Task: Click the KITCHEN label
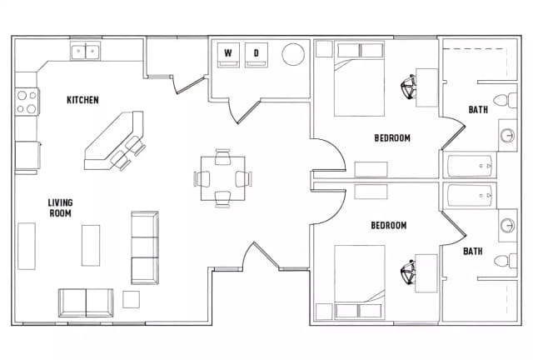(82, 100)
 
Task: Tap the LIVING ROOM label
(59, 207)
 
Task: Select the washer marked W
(227, 55)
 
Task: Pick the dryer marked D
(257, 55)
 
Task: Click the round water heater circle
(293, 55)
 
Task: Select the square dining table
(222, 177)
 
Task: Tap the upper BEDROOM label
(391, 138)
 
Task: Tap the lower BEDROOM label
(388, 226)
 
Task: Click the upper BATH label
(478, 109)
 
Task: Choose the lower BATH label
(472, 251)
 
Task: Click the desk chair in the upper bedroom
(407, 86)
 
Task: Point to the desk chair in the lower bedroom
(407, 272)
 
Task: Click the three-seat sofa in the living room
(144, 247)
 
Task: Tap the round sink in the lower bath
(508, 226)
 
